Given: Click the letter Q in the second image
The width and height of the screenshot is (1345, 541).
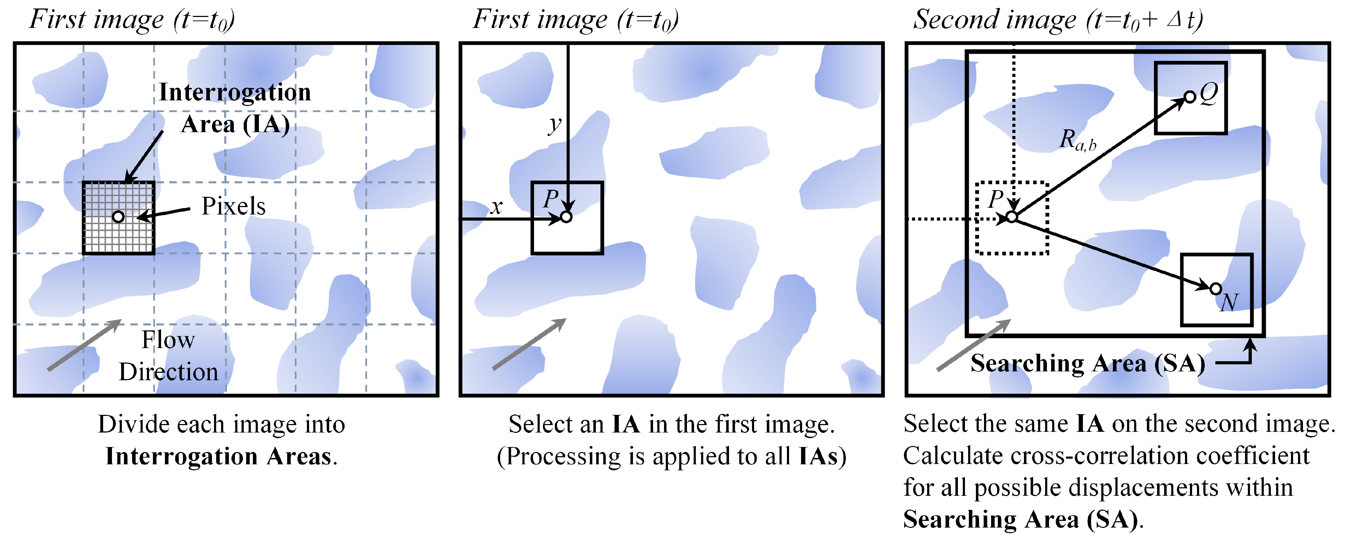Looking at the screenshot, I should coord(1208,94).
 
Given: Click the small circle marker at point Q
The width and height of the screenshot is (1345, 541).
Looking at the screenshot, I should coord(1189,97).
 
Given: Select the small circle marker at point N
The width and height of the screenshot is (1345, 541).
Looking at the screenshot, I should coord(1215,289).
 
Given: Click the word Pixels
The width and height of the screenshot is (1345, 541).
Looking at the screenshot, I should coord(233,206).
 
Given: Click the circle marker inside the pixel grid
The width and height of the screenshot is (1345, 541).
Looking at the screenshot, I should coord(119,216).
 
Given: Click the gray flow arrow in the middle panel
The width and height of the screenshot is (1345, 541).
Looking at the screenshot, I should coord(529,344).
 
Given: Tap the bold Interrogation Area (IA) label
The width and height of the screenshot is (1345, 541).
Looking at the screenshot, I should coord(235,108).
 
